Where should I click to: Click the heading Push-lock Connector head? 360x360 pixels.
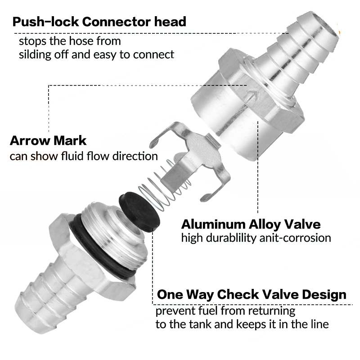click(99, 22)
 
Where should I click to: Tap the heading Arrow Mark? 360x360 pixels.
click(48, 140)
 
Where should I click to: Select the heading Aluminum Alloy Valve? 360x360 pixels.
click(251, 224)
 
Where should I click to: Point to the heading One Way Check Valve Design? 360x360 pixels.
click(252, 295)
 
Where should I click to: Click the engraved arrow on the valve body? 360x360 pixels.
click(252, 96)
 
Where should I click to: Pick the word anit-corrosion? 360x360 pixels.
click(295, 238)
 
